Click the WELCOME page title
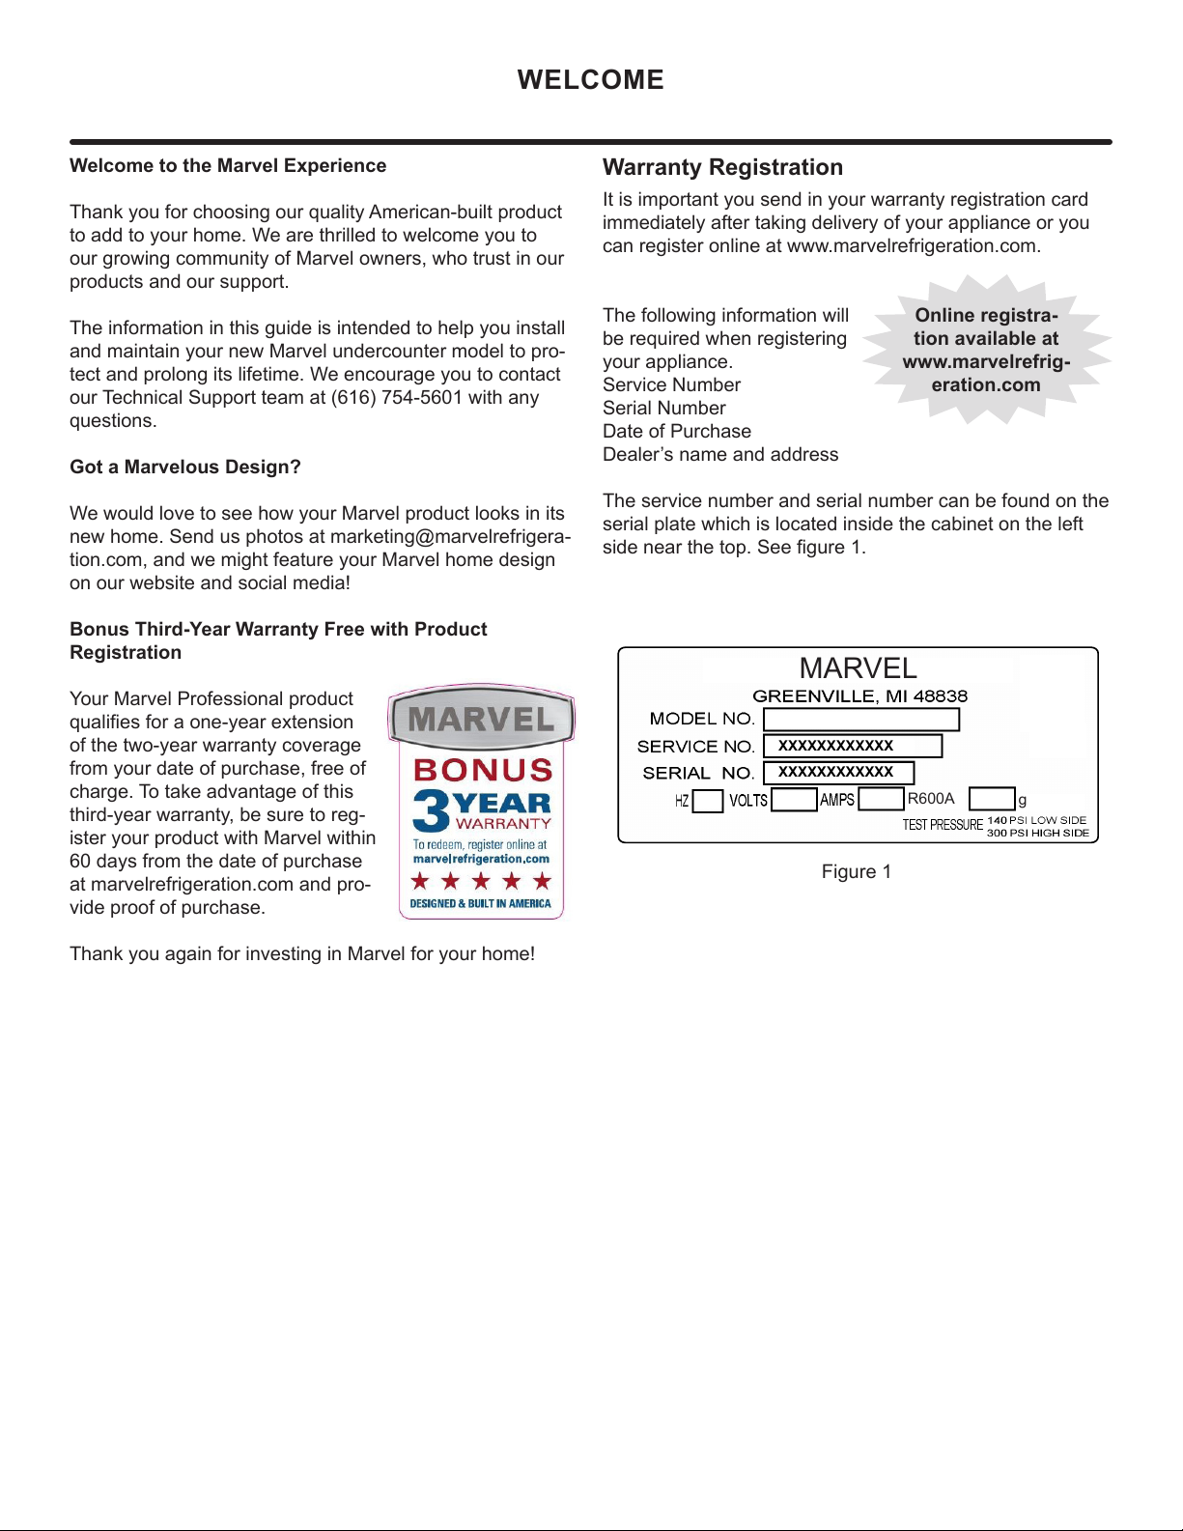[590, 79]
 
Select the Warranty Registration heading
[722, 167]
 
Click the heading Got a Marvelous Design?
[185, 468]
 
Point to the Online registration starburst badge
[986, 350]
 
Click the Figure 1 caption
[857, 871]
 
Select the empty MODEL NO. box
[860, 720]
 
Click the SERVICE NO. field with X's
[852, 746]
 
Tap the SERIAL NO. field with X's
[837, 772]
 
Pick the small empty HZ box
[708, 801]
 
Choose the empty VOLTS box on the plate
[794, 800]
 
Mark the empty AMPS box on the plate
[881, 799]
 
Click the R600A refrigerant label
[931, 799]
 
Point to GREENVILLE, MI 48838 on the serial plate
[859, 696]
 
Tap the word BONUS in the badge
[483, 770]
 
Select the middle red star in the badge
[481, 881]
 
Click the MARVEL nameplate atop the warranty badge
[481, 720]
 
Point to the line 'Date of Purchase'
[676, 431]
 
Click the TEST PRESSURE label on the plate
[943, 825]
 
